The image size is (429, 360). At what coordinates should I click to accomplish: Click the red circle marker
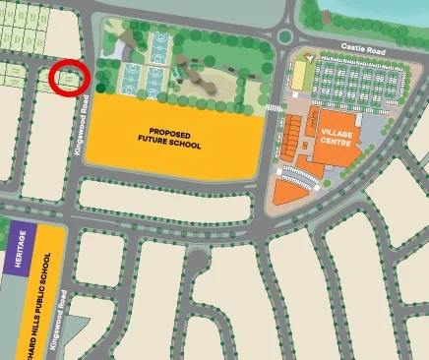coord(70,78)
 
